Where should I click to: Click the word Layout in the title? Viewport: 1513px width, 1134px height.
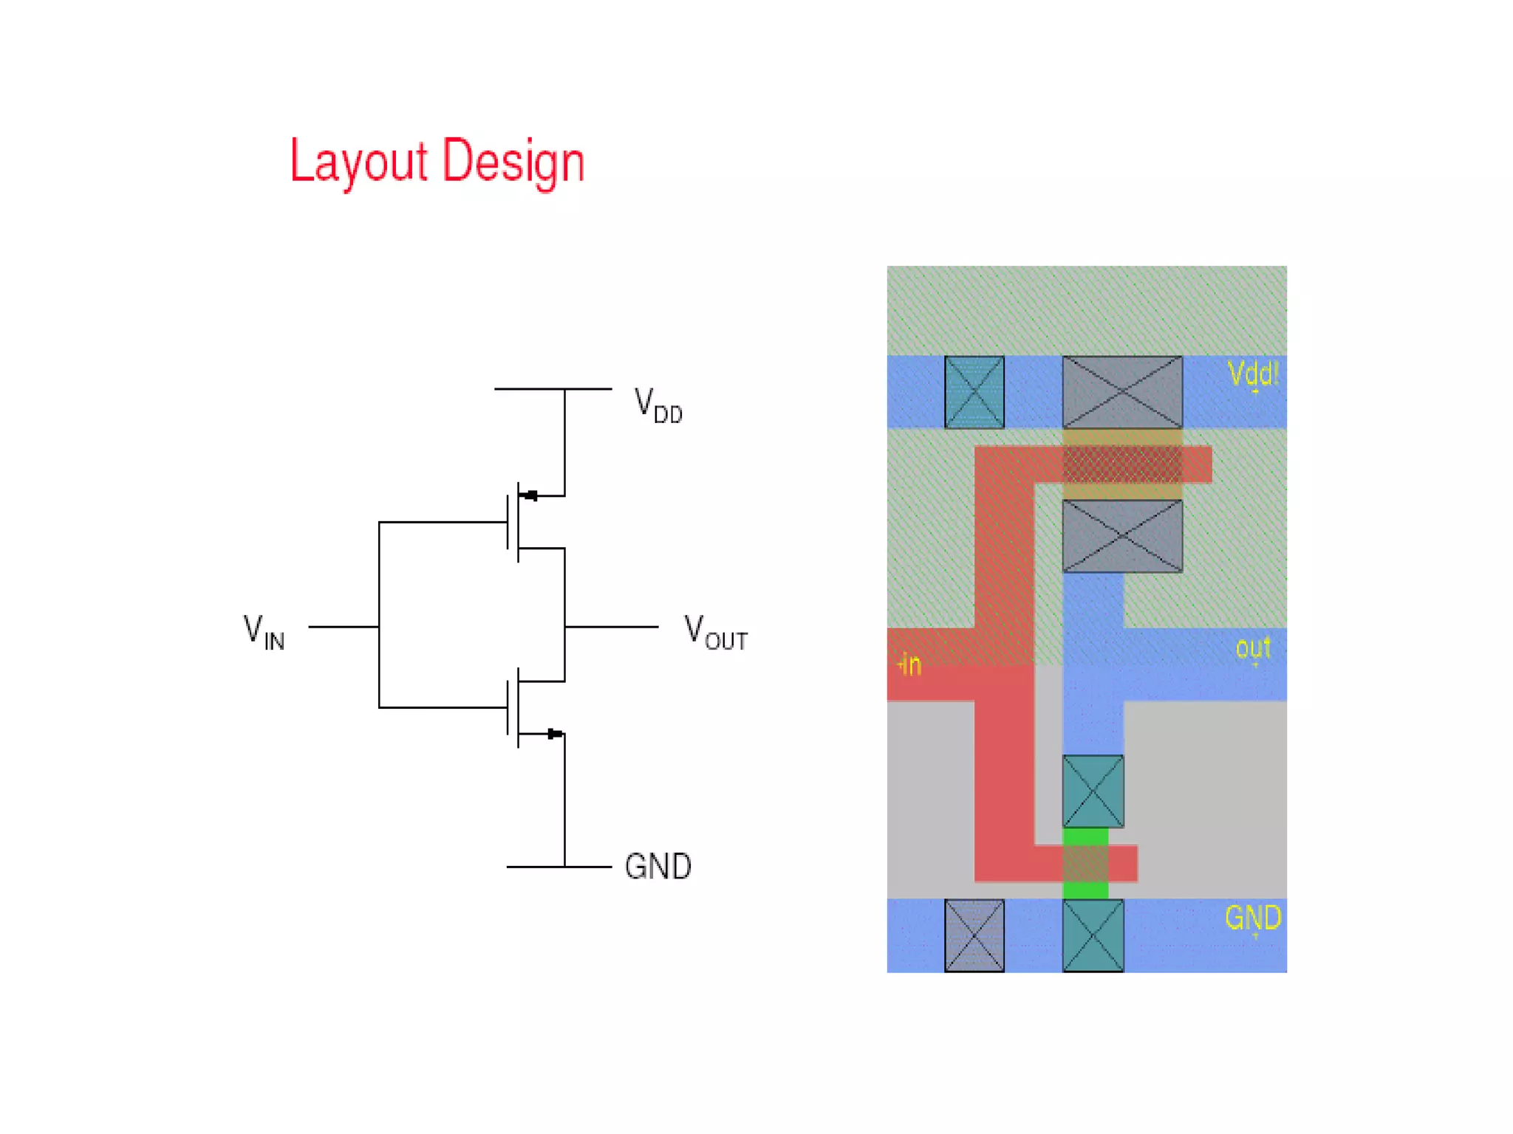(x=359, y=161)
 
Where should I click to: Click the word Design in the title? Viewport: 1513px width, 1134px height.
(x=513, y=161)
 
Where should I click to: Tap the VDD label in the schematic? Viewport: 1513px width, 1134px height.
(x=658, y=405)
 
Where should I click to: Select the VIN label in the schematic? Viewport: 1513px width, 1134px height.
(x=264, y=632)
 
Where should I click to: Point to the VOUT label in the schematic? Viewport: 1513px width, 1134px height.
(x=715, y=632)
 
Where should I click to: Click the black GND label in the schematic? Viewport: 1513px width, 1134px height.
(x=658, y=867)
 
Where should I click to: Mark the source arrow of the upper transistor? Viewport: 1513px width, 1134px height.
(x=530, y=495)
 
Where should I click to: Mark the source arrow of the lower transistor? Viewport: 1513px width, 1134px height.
(x=555, y=734)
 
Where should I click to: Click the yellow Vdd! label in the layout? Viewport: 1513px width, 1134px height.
(x=1252, y=374)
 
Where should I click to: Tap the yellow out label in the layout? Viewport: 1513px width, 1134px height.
(x=1253, y=648)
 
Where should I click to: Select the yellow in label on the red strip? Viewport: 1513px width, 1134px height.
(x=910, y=664)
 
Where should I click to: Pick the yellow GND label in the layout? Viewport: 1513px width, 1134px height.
(x=1252, y=918)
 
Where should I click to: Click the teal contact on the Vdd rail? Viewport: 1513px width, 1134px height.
(x=974, y=392)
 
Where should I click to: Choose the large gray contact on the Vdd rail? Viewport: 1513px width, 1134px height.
(x=1122, y=392)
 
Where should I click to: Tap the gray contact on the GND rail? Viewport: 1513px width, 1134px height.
(x=974, y=935)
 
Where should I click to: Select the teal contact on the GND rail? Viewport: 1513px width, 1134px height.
(x=1093, y=935)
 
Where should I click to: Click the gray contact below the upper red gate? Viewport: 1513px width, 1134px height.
(x=1122, y=536)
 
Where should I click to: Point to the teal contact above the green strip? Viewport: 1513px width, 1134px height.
(x=1093, y=791)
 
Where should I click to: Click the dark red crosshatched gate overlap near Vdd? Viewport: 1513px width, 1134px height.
(x=1122, y=464)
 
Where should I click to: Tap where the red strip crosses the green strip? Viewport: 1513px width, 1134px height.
(x=1085, y=863)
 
